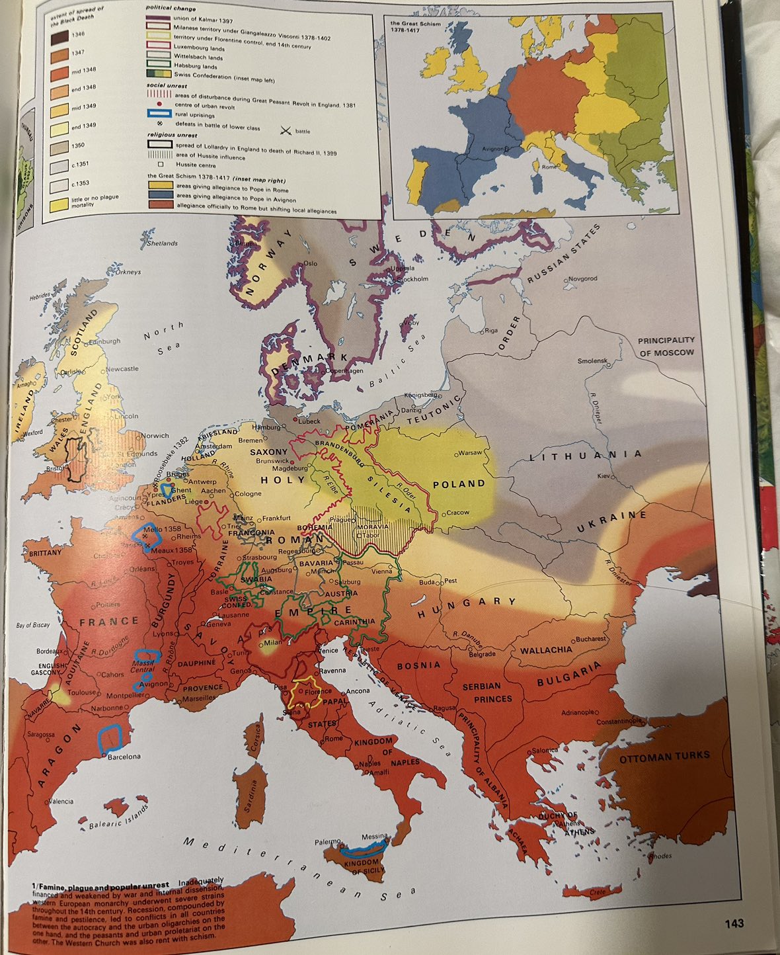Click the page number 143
(733, 923)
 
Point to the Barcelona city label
(124, 756)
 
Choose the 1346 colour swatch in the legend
(60, 38)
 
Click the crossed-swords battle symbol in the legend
(286, 130)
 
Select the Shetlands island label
(162, 243)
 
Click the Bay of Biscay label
(33, 625)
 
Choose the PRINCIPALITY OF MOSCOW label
(666, 347)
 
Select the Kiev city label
(604, 476)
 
